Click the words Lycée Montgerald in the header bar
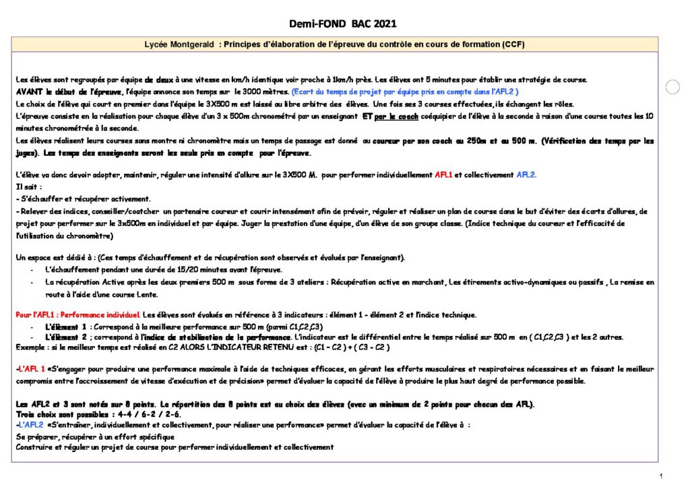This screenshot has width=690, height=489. coord(177,45)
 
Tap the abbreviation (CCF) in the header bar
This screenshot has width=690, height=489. coord(513,45)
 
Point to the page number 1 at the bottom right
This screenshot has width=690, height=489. coord(662,476)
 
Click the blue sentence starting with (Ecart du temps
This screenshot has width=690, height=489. coord(404,91)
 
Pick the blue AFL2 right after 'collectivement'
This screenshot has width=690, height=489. coord(526,175)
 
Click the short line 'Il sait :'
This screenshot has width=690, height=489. coord(28,187)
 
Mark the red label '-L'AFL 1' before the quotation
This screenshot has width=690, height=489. coord(30,369)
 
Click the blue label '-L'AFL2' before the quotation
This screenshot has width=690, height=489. coord(30,425)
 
